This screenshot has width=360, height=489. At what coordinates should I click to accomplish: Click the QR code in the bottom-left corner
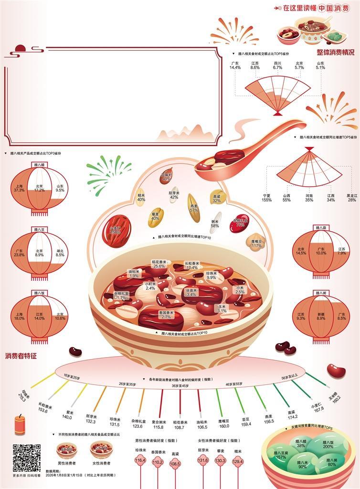26,457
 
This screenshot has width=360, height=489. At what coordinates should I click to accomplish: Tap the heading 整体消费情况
336,52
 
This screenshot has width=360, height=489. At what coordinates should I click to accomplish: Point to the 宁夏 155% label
267,198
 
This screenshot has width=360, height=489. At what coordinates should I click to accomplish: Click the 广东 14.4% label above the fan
235,65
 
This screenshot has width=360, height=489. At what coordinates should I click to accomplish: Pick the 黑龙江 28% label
351,198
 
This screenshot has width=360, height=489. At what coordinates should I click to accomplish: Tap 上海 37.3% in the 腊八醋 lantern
19,188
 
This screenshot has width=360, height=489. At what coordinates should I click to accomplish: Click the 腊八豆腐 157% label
281,455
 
